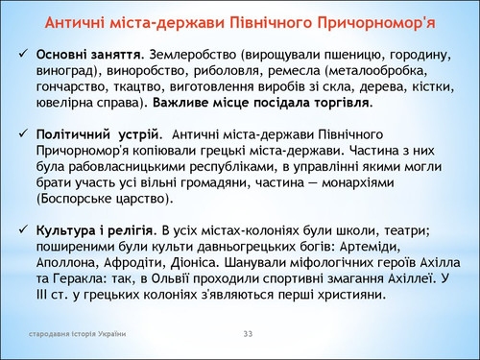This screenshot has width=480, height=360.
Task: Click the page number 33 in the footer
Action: tap(248, 334)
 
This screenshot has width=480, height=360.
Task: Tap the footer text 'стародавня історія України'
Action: tap(77, 334)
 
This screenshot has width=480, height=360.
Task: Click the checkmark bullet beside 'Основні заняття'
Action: tap(23, 54)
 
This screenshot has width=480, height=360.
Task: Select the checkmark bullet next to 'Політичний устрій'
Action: tap(23, 133)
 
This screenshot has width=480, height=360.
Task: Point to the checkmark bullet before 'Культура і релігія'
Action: tap(23, 229)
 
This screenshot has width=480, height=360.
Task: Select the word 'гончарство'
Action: tap(73, 87)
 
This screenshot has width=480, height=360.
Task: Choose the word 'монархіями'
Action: tap(358, 183)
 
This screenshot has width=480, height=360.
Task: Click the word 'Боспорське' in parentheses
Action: tap(73, 199)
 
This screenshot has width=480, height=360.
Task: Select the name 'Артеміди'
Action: tap(371, 247)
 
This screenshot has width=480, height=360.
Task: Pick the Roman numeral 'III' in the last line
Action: tap(41, 295)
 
